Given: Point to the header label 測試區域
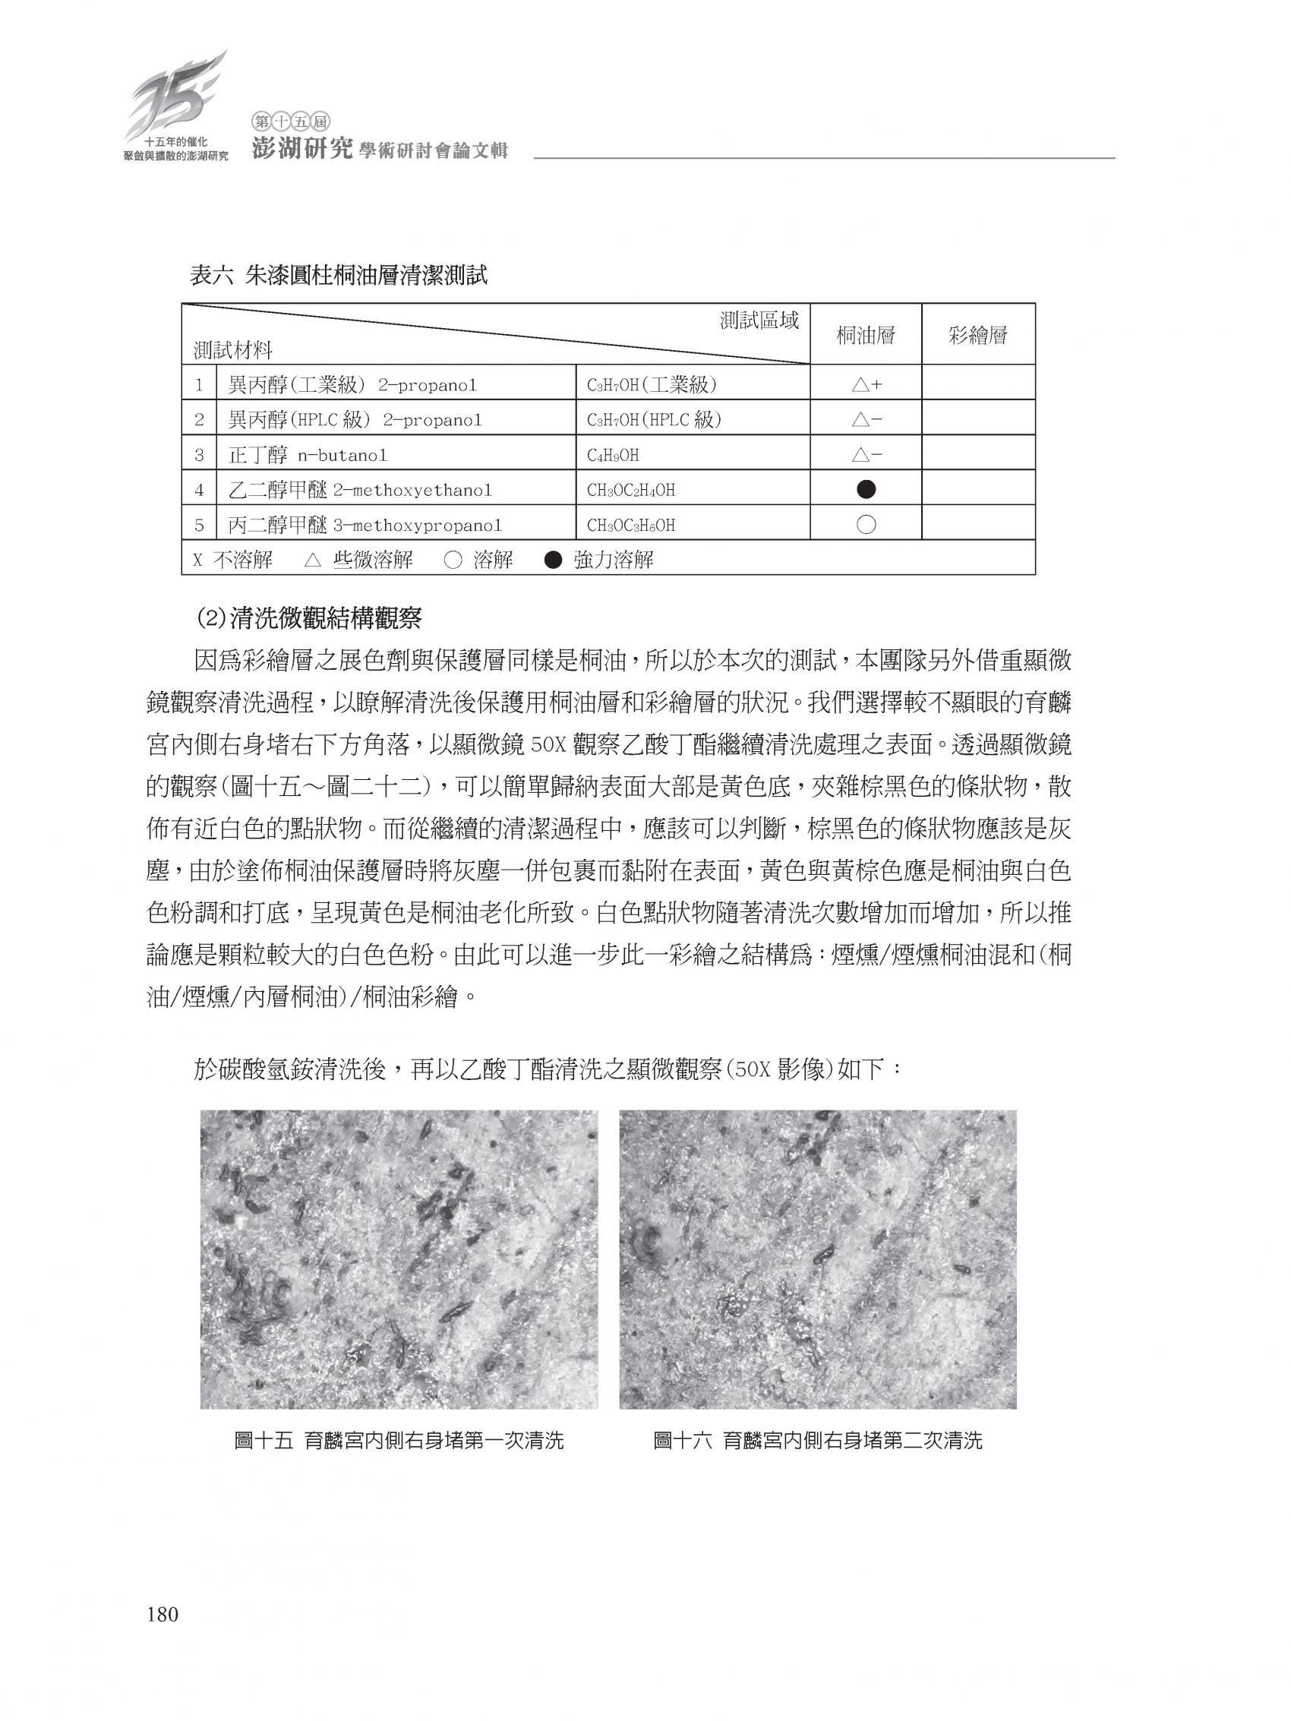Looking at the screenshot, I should tap(759, 320).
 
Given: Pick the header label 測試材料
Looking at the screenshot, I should tap(232, 350).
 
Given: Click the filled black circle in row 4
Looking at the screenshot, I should tap(865, 489).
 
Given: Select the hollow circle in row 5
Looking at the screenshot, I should tap(865, 524).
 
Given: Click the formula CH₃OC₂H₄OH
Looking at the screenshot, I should tap(630, 490).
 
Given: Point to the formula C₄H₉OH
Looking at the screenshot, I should tap(613, 455).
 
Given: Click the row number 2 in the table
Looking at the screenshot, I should tap(200, 420).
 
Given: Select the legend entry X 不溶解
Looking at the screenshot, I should tap(232, 560).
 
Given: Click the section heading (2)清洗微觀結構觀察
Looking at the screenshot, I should tap(309, 618).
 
